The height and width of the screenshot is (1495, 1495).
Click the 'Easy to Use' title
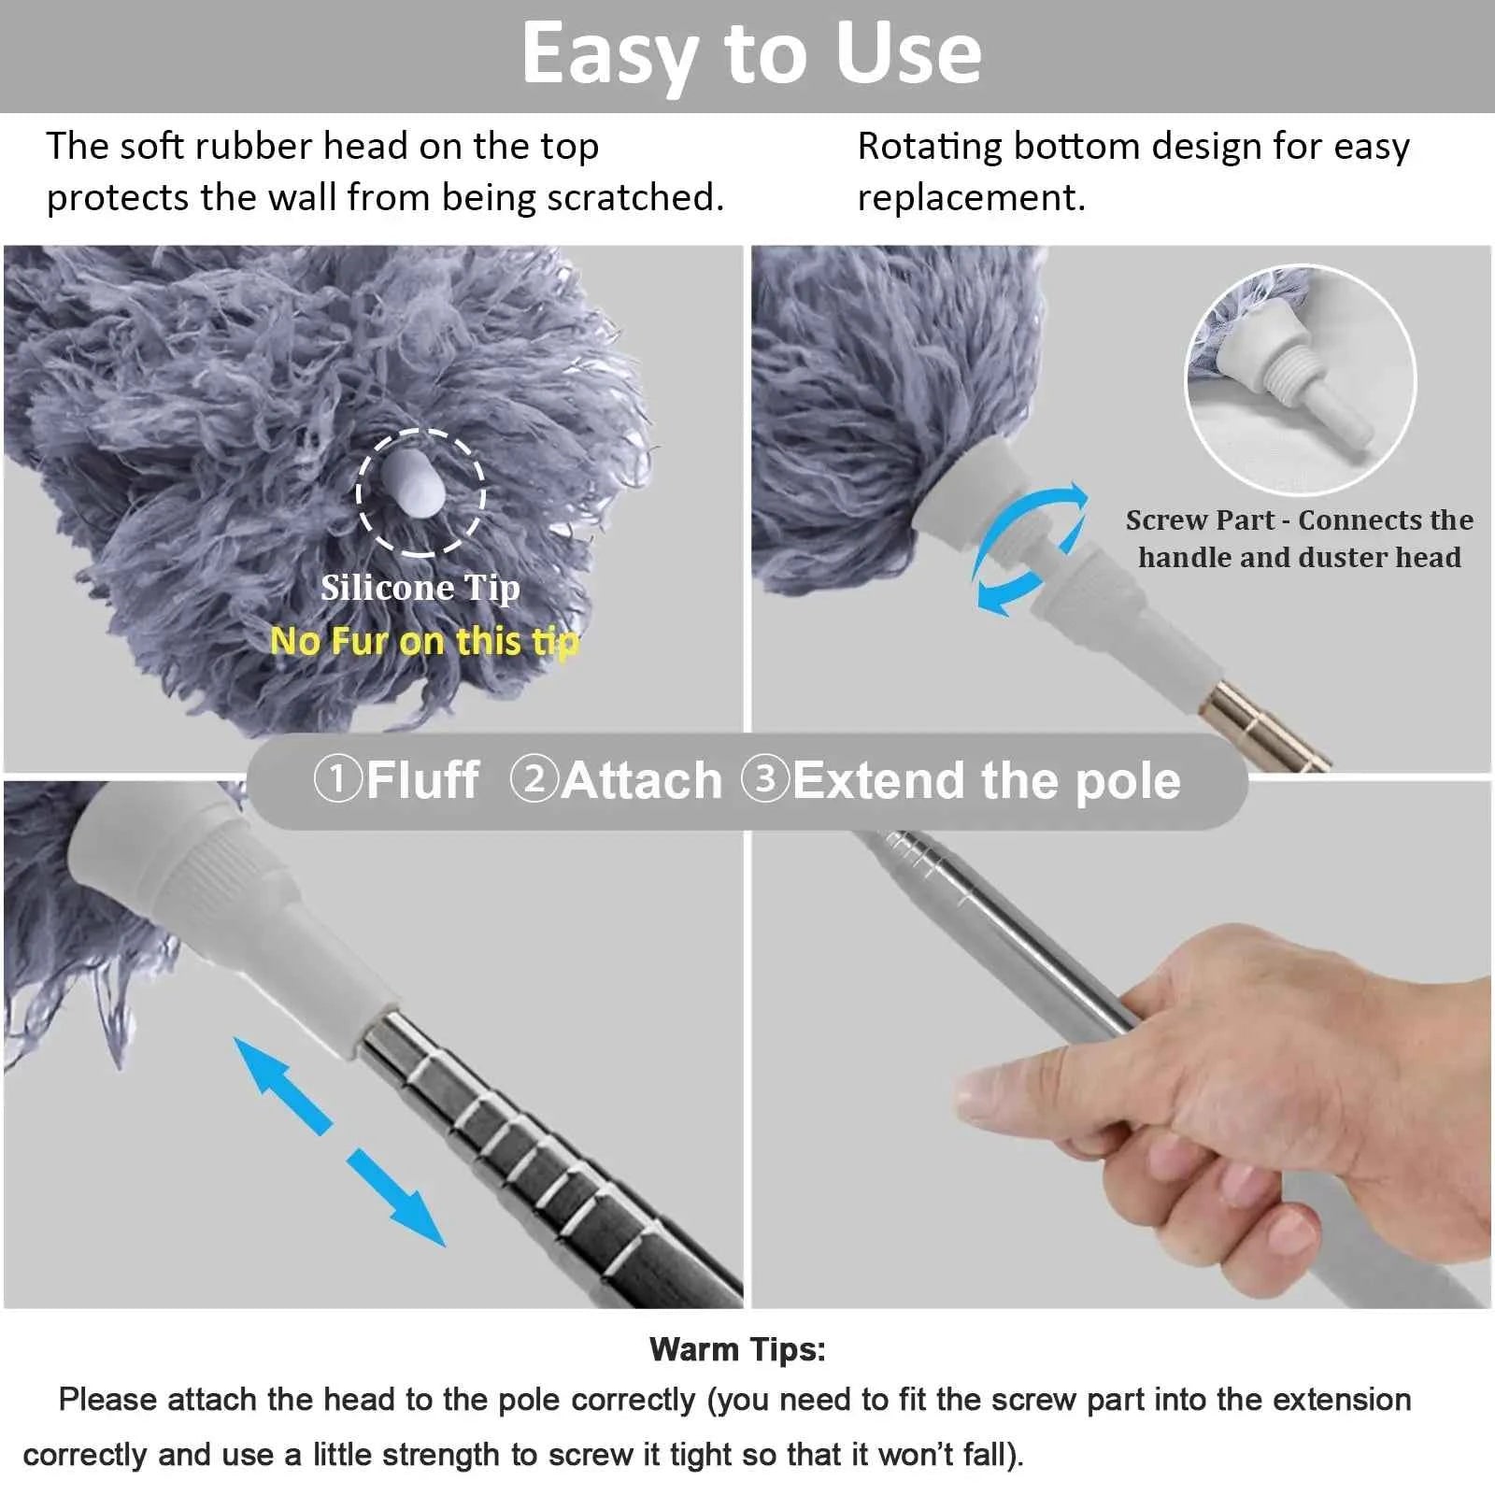[751, 54]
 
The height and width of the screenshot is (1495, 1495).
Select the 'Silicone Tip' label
[420, 588]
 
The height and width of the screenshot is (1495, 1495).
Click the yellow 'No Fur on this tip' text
[425, 642]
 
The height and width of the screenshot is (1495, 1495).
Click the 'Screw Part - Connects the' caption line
[1299, 520]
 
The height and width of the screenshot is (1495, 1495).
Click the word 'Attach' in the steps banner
[643, 780]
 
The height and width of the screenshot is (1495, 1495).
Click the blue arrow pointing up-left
[280, 1084]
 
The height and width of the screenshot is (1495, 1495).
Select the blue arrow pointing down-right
[397, 1199]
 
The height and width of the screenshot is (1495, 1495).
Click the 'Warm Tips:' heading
[737, 1349]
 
